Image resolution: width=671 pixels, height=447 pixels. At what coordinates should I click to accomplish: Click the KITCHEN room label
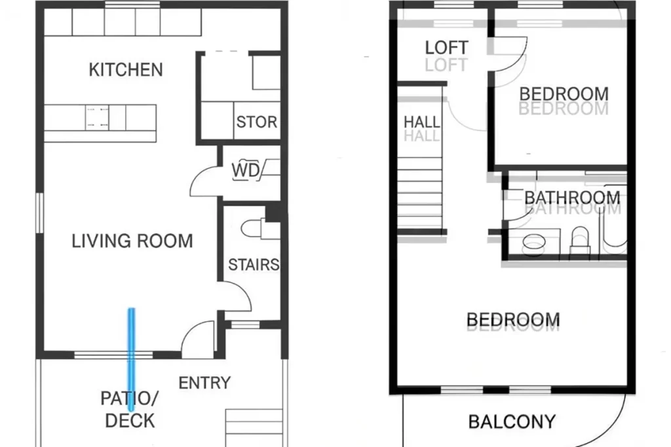(126, 69)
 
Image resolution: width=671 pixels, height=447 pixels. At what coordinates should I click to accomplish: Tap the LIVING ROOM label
(132, 241)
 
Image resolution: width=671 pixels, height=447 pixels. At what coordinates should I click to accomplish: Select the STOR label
(257, 122)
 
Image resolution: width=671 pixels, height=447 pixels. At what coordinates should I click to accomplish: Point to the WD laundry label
(246, 171)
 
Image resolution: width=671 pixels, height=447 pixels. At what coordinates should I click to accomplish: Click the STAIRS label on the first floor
(254, 265)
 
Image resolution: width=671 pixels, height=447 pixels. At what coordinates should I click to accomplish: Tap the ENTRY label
(204, 383)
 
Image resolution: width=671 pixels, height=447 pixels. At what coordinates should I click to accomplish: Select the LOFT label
(447, 47)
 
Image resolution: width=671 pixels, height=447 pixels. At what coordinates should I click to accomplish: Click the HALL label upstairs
(421, 122)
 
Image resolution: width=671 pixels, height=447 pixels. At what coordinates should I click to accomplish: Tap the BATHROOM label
(572, 198)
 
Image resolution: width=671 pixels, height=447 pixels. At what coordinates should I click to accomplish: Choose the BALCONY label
(512, 421)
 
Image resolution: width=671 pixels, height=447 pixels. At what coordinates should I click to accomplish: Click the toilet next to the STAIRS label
(252, 228)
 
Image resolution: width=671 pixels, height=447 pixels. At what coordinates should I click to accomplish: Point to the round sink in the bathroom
(533, 242)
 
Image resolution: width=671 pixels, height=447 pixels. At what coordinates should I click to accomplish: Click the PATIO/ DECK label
(130, 410)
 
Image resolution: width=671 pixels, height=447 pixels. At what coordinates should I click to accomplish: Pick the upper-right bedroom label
(564, 94)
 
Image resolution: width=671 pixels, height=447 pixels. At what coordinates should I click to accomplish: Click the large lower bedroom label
(513, 319)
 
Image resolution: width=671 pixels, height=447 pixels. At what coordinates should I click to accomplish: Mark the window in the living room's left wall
(39, 213)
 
